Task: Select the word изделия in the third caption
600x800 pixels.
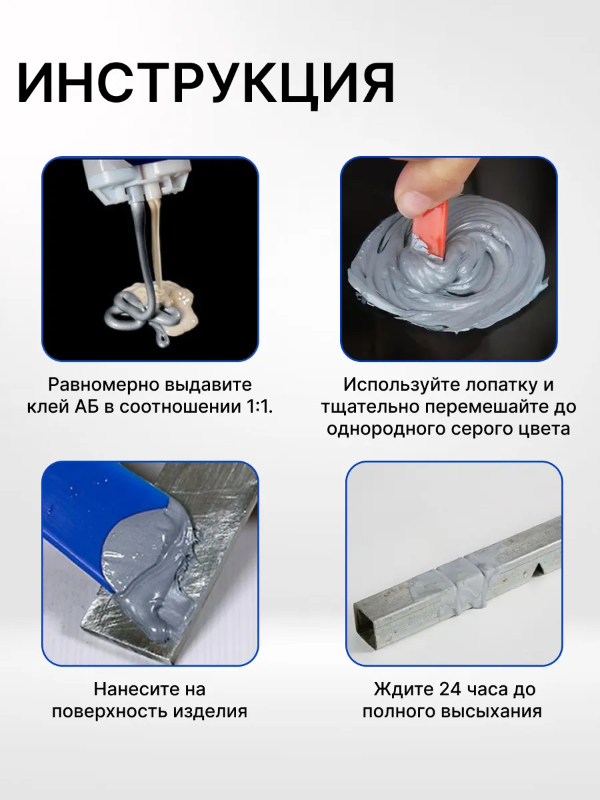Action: pos(210,712)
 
